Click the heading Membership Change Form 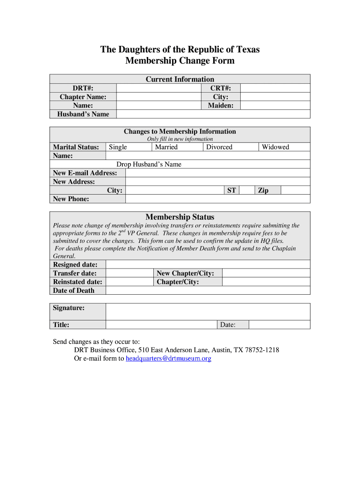pyautogui.click(x=180, y=61)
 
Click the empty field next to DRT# pyautogui.click(x=159, y=88)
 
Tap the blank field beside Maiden pyautogui.click(x=275, y=106)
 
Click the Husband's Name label pyautogui.click(x=83, y=114)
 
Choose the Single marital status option pyautogui.click(x=118, y=147)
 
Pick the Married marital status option pyautogui.click(x=166, y=147)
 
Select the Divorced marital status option pyautogui.click(x=219, y=147)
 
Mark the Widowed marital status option pyautogui.click(x=275, y=147)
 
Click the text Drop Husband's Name pyautogui.click(x=149, y=164)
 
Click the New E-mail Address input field pyautogui.click(x=217, y=173)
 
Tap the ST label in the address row pyautogui.click(x=231, y=190)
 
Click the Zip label pyautogui.click(x=263, y=190)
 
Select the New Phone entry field pyautogui.click(x=217, y=199)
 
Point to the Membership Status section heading pyautogui.click(x=180, y=217)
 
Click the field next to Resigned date pyautogui.click(x=208, y=265)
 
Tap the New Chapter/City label pyautogui.click(x=185, y=273)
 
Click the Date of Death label pyautogui.click(x=74, y=290)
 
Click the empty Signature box pyautogui.click(x=208, y=311)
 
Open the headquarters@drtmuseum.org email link pyautogui.click(x=169, y=359)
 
